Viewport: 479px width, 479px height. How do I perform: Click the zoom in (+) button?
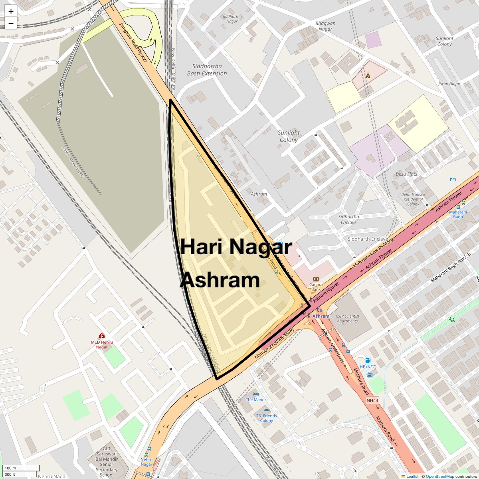[11, 12]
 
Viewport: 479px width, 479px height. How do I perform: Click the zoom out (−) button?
[11, 24]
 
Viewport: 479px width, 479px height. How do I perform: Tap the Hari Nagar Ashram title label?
[236, 263]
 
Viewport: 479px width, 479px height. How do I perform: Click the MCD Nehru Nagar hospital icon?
[102, 336]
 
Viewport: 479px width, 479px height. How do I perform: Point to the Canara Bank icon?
[316, 279]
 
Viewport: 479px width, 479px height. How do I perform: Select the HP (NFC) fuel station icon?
[368, 360]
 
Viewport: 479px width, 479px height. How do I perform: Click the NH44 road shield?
[373, 400]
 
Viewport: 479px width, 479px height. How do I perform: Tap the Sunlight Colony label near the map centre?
[289, 136]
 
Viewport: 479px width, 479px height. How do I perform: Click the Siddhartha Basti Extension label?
[207, 70]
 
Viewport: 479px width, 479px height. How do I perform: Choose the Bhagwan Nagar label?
[325, 26]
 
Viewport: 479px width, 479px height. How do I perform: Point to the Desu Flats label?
[406, 174]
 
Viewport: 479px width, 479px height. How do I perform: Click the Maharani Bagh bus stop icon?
[463, 202]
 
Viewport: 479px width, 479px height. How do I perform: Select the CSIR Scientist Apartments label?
[347, 319]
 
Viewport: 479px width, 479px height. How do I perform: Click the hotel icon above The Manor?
[256, 394]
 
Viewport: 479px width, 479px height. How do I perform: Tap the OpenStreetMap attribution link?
[439, 476]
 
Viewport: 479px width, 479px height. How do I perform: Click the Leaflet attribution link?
[412, 476]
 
